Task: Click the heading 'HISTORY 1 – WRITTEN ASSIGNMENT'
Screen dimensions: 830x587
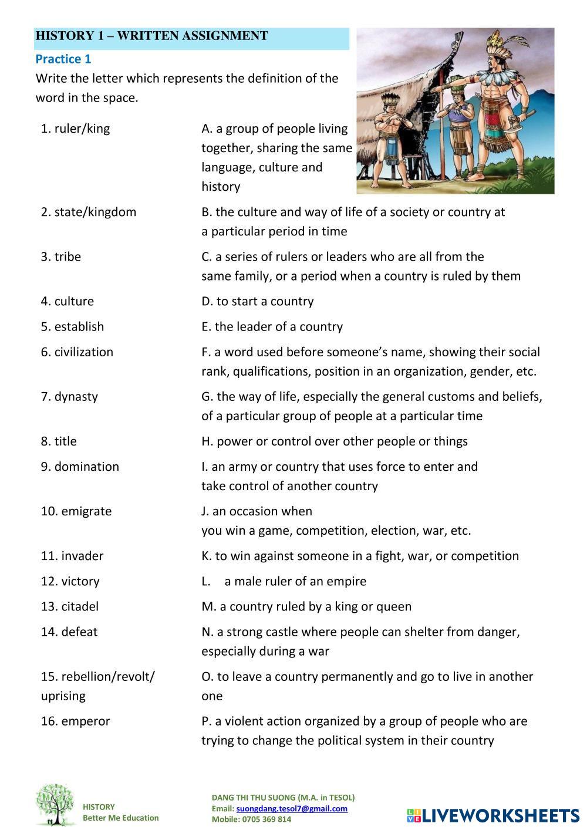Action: click(151, 36)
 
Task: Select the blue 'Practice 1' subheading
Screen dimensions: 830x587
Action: click(63, 59)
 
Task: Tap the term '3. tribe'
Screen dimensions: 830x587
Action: click(61, 257)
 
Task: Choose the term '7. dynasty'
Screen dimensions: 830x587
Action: click(69, 396)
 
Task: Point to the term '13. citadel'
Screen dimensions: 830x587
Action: click(70, 606)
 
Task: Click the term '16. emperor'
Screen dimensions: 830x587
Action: click(75, 721)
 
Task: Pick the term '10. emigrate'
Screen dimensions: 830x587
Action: click(76, 511)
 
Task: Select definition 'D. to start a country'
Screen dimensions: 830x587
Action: click(258, 301)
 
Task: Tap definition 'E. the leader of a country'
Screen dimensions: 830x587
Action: click(272, 326)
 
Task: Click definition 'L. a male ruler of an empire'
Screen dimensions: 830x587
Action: click(284, 581)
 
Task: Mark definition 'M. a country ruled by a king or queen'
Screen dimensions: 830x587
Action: click(306, 606)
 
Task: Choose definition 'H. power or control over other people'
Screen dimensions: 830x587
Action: click(335, 441)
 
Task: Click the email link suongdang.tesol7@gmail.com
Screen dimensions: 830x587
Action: click(292, 808)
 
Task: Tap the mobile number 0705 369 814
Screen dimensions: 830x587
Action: click(268, 819)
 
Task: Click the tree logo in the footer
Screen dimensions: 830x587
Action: click(56, 805)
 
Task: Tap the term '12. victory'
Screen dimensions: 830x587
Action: click(70, 581)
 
